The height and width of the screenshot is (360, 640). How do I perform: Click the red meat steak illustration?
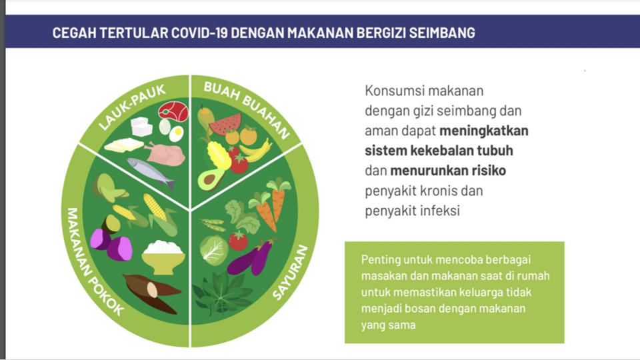(173, 111)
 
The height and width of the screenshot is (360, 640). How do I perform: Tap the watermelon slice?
(225, 124)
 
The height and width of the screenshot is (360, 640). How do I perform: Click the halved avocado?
(211, 179)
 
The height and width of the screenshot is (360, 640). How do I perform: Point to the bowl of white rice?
(163, 257)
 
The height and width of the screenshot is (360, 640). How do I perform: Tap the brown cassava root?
(152, 293)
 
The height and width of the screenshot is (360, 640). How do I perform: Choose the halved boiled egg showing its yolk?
(176, 133)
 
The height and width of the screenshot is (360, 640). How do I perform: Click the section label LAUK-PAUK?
(132, 107)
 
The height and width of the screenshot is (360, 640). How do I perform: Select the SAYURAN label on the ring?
(290, 272)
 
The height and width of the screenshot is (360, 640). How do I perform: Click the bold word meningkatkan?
(484, 131)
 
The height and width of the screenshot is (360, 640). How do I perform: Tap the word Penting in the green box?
(381, 259)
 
